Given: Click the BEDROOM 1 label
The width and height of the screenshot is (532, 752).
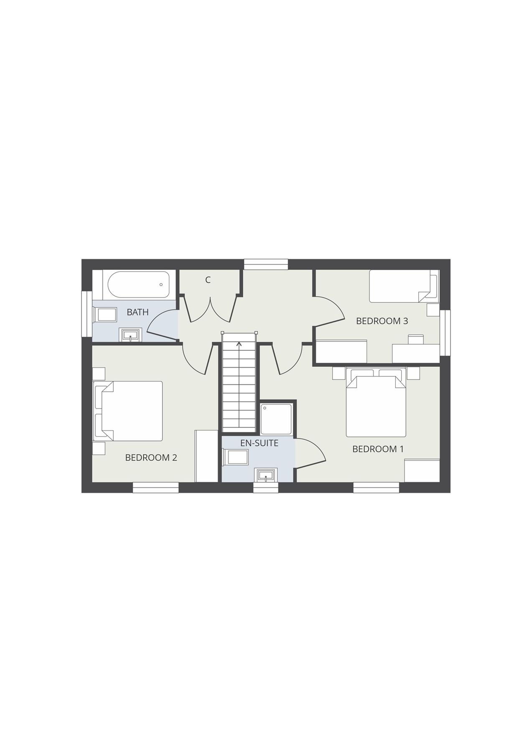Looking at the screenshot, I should (x=378, y=449).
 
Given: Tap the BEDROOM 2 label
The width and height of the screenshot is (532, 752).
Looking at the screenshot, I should (x=151, y=457).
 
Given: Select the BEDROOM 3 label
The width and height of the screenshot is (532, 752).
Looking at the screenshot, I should (x=382, y=321).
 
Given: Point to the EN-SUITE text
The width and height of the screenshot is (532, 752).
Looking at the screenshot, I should (x=259, y=443).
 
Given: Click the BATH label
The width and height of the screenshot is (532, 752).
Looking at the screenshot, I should (x=137, y=312).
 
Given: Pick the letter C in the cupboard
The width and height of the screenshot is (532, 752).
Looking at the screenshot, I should (x=208, y=280).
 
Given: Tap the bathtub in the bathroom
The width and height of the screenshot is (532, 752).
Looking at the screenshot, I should (x=138, y=285).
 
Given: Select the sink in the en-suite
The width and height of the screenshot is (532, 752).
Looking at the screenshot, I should (x=265, y=475).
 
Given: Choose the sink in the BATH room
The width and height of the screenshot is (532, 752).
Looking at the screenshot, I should (x=131, y=335).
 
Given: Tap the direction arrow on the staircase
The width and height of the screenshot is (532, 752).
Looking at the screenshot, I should (x=239, y=345).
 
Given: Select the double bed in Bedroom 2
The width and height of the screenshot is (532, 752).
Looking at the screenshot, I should (x=130, y=411).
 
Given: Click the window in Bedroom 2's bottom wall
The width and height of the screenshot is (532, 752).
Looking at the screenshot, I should (x=155, y=487).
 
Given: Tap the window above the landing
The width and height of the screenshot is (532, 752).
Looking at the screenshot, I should (x=266, y=264).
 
